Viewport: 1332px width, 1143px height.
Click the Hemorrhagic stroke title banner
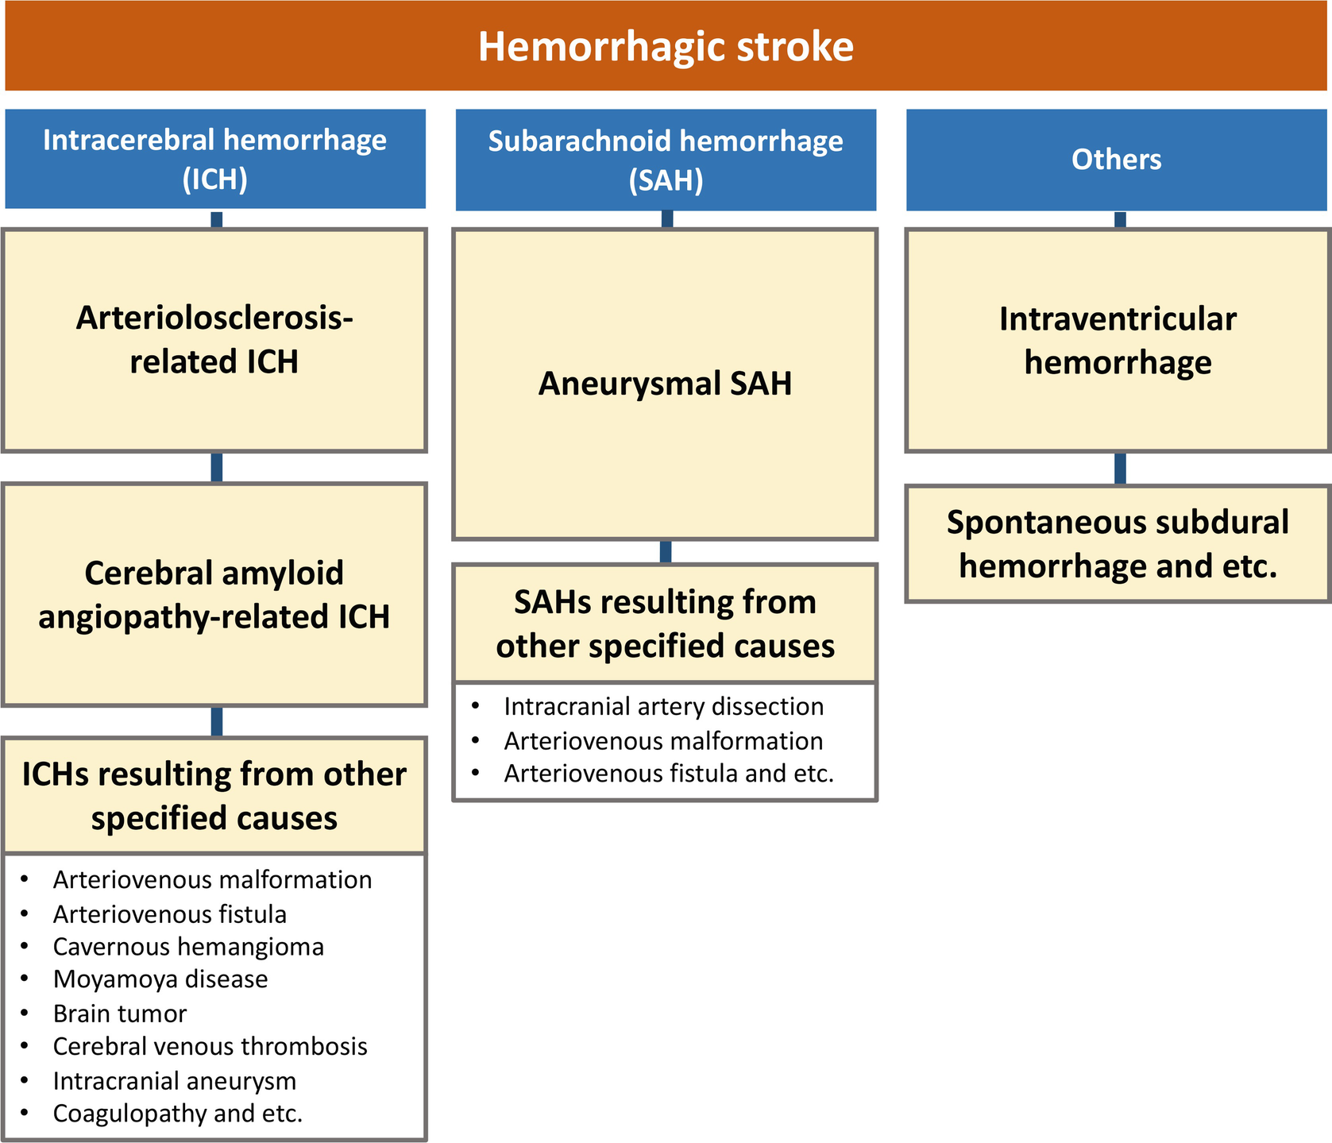(666, 46)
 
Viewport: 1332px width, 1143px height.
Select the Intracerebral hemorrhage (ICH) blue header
(215, 159)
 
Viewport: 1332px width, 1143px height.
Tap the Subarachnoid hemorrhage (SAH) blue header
(666, 160)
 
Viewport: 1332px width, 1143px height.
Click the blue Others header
(1117, 160)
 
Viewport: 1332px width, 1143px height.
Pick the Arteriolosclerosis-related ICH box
(214, 340)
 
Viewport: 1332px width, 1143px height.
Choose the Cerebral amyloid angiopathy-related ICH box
(214, 594)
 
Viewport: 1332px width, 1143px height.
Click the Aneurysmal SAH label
(666, 384)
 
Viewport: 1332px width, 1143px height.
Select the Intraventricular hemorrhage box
(1118, 340)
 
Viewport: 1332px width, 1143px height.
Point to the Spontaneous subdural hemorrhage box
(1118, 543)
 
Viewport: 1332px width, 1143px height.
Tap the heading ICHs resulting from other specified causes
(214, 796)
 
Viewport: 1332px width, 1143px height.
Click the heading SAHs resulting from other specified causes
(666, 624)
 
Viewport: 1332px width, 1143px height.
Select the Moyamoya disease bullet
(160, 979)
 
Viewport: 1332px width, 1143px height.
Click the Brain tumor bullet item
(120, 1014)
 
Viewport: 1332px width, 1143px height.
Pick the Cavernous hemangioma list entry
(188, 947)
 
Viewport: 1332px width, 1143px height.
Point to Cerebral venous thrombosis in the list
(210, 1047)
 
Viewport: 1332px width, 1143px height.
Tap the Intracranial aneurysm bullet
(175, 1081)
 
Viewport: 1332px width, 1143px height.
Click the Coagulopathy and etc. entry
(178, 1114)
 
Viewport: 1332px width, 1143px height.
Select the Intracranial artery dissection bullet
(664, 706)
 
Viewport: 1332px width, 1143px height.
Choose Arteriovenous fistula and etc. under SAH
(669, 773)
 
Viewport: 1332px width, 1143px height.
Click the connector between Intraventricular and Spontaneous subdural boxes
(1120, 469)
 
